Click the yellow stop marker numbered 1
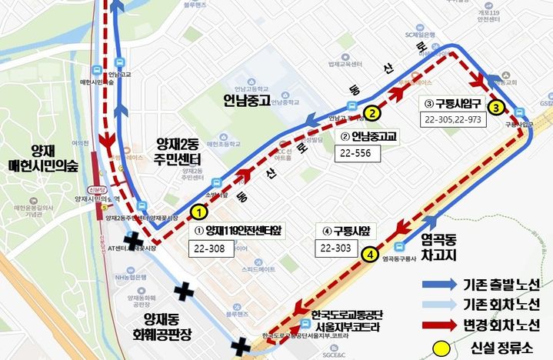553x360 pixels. pyautogui.click(x=198, y=210)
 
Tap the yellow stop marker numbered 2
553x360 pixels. pyautogui.click(x=371, y=113)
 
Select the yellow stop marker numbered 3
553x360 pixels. pyautogui.click(x=496, y=107)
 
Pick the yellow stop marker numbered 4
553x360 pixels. pyautogui.click(x=371, y=254)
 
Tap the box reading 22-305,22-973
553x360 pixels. pyautogui.click(x=455, y=119)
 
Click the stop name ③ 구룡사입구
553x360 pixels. pyautogui.click(x=455, y=102)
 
